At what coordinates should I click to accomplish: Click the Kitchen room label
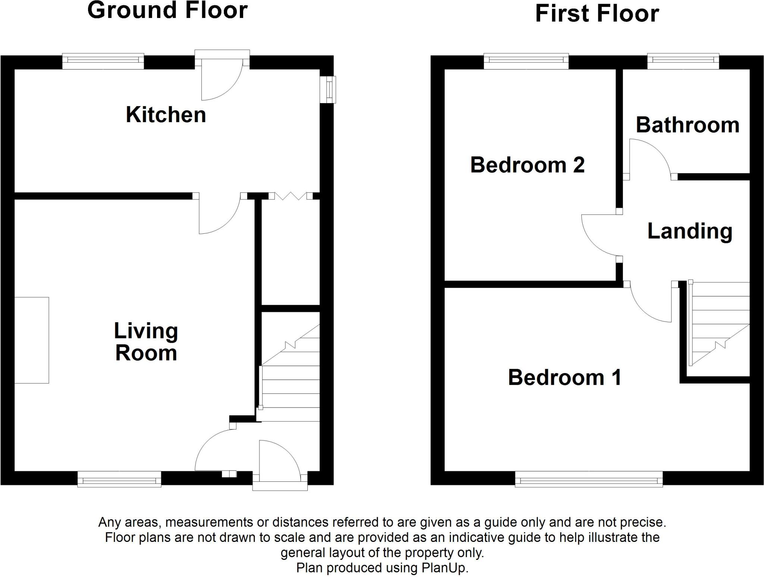166,115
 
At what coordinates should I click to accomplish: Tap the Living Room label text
146,342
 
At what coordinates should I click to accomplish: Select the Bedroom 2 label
527,165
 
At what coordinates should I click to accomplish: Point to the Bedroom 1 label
564,377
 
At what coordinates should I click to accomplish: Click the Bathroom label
687,125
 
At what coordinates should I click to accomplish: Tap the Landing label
689,231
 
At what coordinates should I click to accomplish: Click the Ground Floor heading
167,10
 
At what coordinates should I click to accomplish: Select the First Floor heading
597,14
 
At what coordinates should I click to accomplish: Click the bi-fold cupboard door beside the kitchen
290,196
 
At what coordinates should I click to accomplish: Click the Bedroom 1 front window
589,479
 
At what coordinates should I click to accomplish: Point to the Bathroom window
683,62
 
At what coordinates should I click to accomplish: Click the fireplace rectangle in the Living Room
32,340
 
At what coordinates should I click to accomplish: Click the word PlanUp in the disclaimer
444,568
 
